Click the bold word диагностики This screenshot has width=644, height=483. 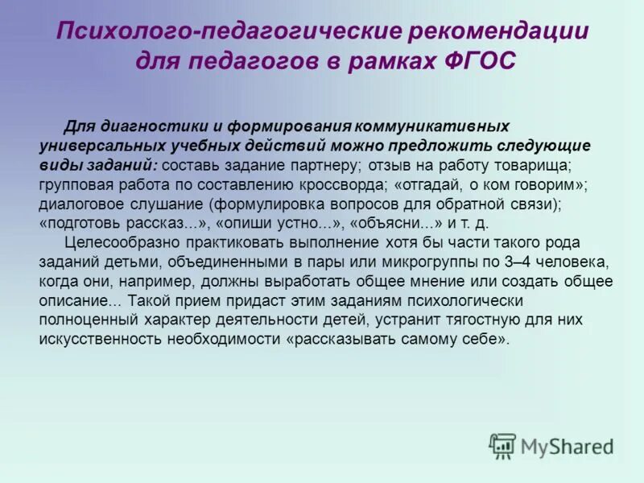(x=152, y=128)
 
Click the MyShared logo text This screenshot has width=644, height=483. (x=568, y=445)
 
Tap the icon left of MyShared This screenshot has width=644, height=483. (x=502, y=445)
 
